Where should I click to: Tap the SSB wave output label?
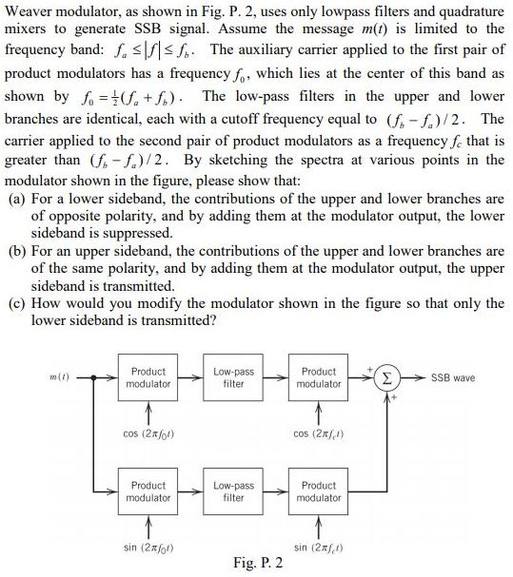tap(454, 377)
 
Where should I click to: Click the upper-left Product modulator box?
tap(148, 377)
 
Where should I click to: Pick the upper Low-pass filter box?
tap(233, 377)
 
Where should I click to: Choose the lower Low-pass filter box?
tap(233, 491)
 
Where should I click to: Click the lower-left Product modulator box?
tap(148, 491)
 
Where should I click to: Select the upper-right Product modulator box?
tap(318, 377)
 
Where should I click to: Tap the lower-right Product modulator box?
tap(318, 491)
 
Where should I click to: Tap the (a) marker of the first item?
tap(16, 199)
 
